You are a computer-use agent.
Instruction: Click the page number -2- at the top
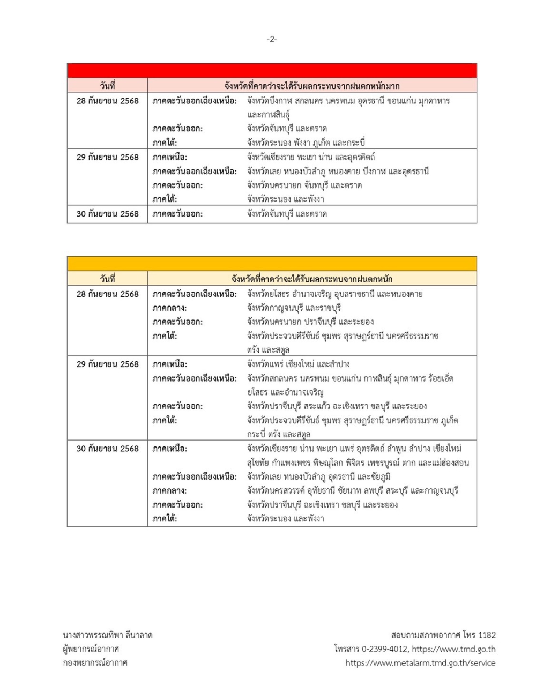pyautogui.click(x=271, y=39)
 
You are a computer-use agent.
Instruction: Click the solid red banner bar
pyautogui.click(x=271, y=71)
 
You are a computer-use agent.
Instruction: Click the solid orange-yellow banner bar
pyautogui.click(x=271, y=264)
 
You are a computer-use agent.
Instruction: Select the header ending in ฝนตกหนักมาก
pyautogui.click(x=311, y=86)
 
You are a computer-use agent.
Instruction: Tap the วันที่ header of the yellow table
pyautogui.click(x=107, y=279)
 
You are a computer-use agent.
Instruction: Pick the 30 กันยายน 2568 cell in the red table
pyautogui.click(x=107, y=214)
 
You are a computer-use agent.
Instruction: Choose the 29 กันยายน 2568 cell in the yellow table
pyautogui.click(x=107, y=364)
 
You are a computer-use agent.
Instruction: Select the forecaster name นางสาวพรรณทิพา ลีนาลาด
pyautogui.click(x=108, y=635)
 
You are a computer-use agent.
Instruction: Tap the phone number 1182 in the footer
pyautogui.click(x=487, y=635)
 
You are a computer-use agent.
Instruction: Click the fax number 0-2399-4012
pyautogui.click(x=384, y=649)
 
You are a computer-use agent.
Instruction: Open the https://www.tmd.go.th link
pyautogui.click(x=454, y=649)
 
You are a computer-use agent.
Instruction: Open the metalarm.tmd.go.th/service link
pyautogui.click(x=420, y=663)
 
